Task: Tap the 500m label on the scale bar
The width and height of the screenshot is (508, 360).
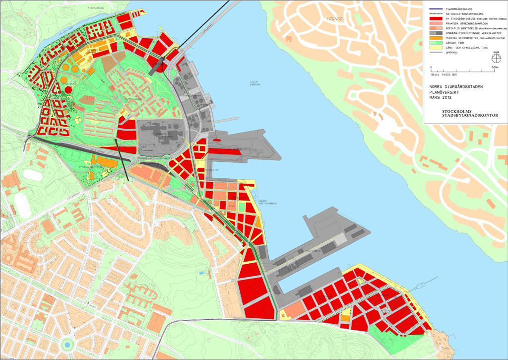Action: (x=494, y=67)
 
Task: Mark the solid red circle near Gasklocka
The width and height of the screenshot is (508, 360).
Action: (x=68, y=89)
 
